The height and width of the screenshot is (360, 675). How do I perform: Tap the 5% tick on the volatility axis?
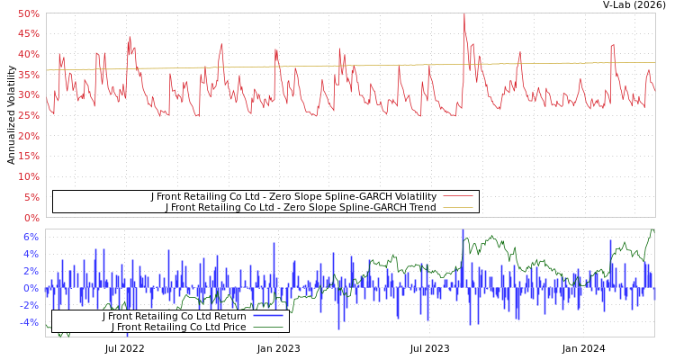31,197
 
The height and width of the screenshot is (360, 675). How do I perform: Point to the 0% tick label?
31,218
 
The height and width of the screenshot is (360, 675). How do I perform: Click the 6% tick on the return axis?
31,237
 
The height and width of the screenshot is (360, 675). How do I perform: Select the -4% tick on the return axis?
28,322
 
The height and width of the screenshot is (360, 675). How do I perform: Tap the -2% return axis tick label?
28,305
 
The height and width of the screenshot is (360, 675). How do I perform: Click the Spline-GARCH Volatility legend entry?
293,196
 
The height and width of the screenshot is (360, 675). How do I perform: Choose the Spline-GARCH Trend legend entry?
301,207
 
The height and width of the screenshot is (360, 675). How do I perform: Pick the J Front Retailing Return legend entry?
174,316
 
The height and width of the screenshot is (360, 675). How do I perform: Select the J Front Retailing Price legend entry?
178,327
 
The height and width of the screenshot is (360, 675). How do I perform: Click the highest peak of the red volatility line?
464,13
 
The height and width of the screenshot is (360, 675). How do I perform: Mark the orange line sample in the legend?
458,207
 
